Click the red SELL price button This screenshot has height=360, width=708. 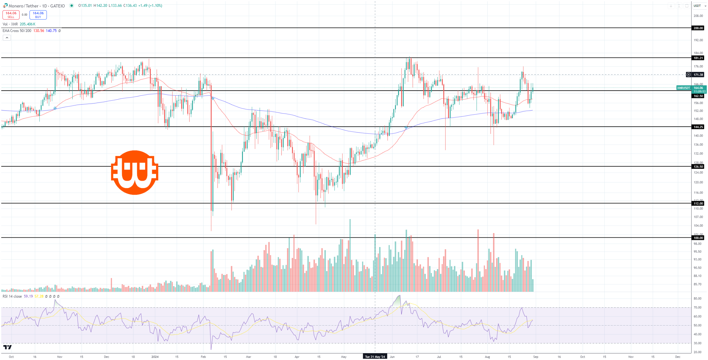(x=11, y=15)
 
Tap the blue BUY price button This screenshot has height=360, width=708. (x=38, y=15)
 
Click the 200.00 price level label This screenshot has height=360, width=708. (x=698, y=28)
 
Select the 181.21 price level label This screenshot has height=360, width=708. (x=698, y=58)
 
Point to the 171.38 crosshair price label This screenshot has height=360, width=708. (x=698, y=74)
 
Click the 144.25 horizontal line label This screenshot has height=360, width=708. (x=698, y=127)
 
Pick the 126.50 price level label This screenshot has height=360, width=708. (x=698, y=167)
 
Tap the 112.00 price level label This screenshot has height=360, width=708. (x=698, y=204)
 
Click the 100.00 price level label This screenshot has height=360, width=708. (x=698, y=238)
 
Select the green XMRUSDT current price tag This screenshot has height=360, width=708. (x=684, y=88)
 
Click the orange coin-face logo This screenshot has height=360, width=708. (x=135, y=173)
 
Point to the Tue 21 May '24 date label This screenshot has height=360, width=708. (x=375, y=357)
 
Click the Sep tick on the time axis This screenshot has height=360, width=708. (x=535, y=357)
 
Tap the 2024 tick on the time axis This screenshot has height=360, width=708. (x=155, y=357)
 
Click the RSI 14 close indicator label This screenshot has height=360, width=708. (x=12, y=296)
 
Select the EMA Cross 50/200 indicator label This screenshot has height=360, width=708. (x=17, y=31)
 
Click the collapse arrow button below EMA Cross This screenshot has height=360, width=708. (x=7, y=38)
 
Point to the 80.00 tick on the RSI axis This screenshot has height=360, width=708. (x=697, y=299)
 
